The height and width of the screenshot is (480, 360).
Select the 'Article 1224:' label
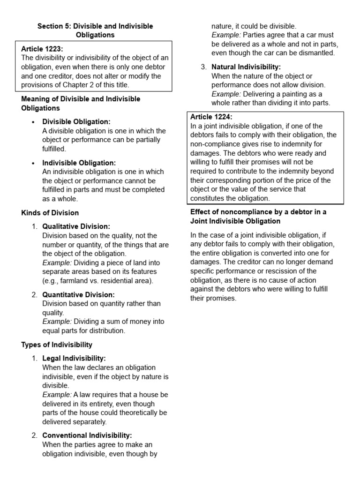pos(211,117)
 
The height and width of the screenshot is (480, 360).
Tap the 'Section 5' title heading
pos(95,30)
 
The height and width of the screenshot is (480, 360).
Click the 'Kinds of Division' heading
pos(50,213)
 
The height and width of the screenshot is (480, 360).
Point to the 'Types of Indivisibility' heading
pos(57,345)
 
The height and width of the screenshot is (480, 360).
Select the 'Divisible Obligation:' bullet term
pos(76,121)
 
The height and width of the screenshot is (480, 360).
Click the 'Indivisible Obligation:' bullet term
pos(79,163)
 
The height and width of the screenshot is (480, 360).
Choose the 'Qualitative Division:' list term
pos(76,226)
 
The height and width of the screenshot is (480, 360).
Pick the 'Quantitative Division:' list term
pos(78,294)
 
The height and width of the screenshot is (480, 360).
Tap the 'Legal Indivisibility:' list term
pos(74,358)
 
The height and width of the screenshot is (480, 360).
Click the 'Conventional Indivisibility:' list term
pos(87,435)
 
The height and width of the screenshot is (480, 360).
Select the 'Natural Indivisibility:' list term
pos(246,67)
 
